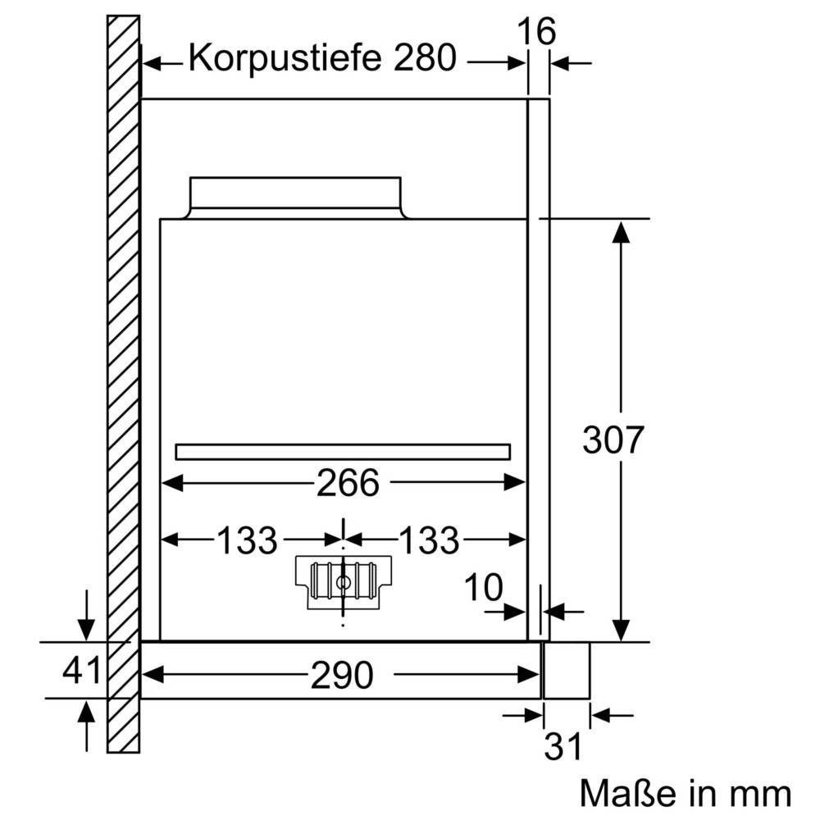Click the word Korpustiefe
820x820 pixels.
tap(286, 58)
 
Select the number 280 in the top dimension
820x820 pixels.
tap(424, 58)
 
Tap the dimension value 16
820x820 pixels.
tap(538, 32)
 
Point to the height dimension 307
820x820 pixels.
tap(613, 440)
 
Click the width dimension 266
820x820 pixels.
tap(348, 484)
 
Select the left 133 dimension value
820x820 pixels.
tap(247, 540)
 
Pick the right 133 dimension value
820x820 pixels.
tap(429, 540)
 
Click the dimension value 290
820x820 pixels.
tap(342, 675)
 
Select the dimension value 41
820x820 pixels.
tap(82, 671)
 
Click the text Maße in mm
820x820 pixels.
tap(686, 793)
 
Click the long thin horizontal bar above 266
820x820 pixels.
tap(343, 451)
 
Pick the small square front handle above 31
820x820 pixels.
tap(567, 670)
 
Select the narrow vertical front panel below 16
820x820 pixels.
tap(538, 369)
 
